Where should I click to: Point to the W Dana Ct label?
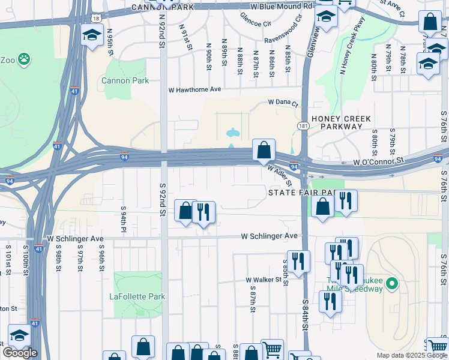coord(283,103)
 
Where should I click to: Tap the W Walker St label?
coord(264,280)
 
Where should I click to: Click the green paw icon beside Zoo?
coord(24,59)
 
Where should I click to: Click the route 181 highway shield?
coord(303,125)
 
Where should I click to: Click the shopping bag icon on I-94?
coord(264,151)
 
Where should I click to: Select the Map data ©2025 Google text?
coord(411,355)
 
